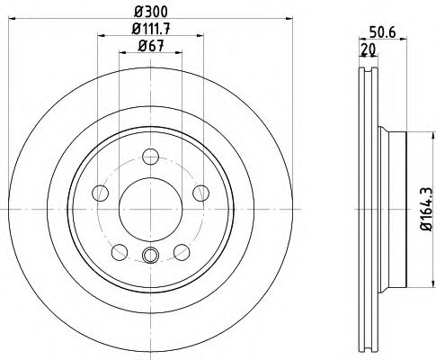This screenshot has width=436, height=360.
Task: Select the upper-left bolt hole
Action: tap(102, 193)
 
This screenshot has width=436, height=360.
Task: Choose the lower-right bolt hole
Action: tap(181, 250)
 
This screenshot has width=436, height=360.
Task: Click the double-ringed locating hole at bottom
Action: tap(149, 256)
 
